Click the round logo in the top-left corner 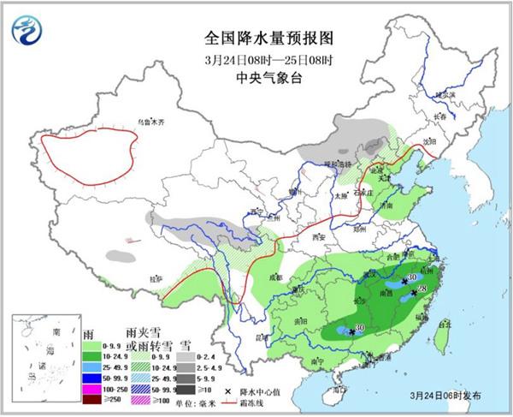27,30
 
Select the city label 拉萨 155,278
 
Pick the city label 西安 320,235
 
